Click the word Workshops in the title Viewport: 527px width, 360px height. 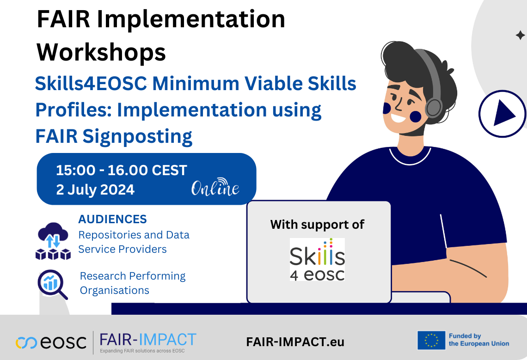pyautogui.click(x=101, y=52)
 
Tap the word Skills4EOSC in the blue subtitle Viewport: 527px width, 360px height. pyautogui.click(x=91, y=83)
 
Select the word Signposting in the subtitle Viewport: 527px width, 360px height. pyautogui.click(x=137, y=137)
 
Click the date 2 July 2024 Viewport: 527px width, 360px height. pyautogui.click(x=95, y=189)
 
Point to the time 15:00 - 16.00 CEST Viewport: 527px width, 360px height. pyautogui.click(x=121, y=170)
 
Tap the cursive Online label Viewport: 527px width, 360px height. pyautogui.click(x=215, y=187)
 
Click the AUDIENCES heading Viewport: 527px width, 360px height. pyautogui.click(x=113, y=219)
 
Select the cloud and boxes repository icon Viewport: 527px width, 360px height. pyautogui.click(x=53, y=241)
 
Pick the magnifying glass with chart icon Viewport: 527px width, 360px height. pyautogui.click(x=52, y=284)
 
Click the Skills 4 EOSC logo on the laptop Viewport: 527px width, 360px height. pyautogui.click(x=317, y=260)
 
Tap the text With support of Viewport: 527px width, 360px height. pyautogui.click(x=317, y=224)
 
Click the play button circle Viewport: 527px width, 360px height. pyautogui.click(x=502, y=114)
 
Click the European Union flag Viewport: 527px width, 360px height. pyautogui.click(x=432, y=340)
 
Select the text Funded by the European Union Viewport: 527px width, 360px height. pyautogui.click(x=479, y=340)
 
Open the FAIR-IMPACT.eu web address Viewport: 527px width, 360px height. pyautogui.click(x=295, y=342)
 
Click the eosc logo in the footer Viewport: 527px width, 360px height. pyautogui.click(x=51, y=342)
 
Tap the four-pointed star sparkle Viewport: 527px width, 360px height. pyautogui.click(x=520, y=35)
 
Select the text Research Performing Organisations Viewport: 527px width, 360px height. pyautogui.click(x=132, y=283)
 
